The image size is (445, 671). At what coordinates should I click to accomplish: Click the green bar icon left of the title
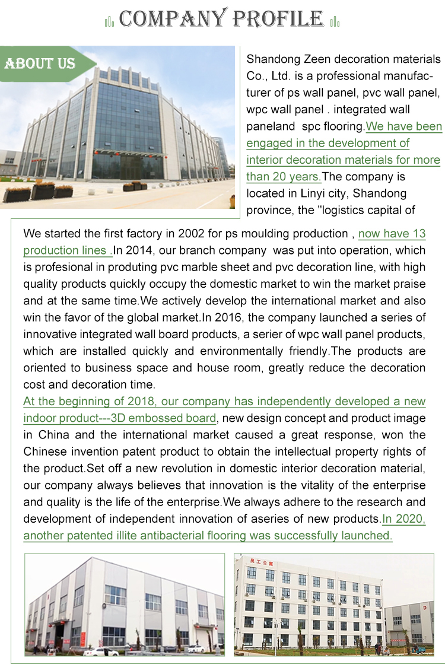[109, 23]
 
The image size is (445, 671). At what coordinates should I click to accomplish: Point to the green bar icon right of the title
[335, 23]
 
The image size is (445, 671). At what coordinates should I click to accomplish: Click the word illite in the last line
[131, 536]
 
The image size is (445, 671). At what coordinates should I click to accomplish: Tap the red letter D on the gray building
[425, 608]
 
